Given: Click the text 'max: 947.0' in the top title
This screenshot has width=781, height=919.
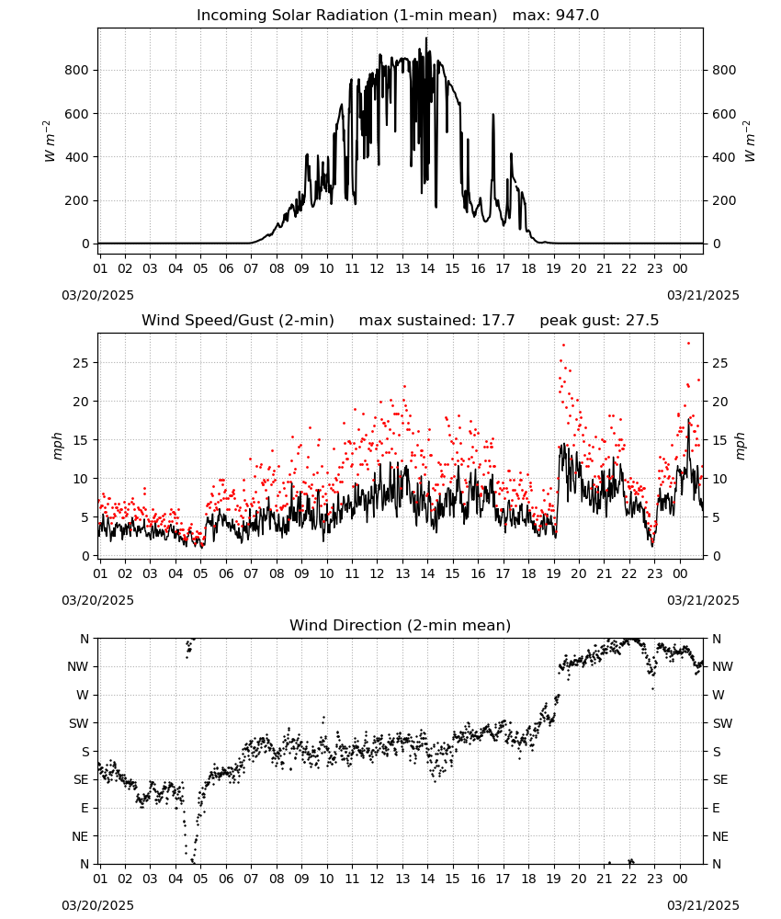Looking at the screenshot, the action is click(x=556, y=16).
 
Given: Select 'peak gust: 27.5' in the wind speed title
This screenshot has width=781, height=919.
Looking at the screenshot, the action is click(x=599, y=321).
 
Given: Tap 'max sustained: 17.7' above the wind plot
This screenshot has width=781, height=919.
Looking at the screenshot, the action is click(x=436, y=321).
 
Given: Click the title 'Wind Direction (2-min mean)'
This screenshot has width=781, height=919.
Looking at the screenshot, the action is click(x=401, y=625).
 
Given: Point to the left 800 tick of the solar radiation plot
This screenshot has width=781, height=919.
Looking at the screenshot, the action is click(x=77, y=71).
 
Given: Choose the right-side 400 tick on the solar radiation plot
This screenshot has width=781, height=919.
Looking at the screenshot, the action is click(x=724, y=157).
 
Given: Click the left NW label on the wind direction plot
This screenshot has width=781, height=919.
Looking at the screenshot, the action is click(x=78, y=667).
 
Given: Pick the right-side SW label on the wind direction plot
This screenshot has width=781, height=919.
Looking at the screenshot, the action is click(x=722, y=724).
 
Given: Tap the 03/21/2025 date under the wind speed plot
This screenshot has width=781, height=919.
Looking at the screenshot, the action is click(x=703, y=601).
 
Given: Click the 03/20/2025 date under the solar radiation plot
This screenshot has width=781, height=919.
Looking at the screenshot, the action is click(x=97, y=295).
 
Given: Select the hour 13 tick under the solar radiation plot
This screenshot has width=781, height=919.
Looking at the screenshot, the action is click(x=402, y=269).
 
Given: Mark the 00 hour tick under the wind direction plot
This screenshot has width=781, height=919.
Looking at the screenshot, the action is click(x=680, y=879).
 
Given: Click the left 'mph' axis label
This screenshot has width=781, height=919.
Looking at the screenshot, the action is click(x=57, y=446).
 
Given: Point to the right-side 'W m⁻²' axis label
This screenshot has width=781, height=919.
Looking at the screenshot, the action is click(x=750, y=142).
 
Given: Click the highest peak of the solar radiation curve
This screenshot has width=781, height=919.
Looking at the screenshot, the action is click(x=426, y=38).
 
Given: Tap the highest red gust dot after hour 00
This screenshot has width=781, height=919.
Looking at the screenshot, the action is click(x=688, y=344).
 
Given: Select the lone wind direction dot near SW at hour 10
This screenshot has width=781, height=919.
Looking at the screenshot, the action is click(x=323, y=718).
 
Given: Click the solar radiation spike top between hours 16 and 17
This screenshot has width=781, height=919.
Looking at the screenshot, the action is click(x=493, y=115).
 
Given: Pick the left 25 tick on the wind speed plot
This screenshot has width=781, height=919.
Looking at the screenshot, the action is click(x=81, y=363).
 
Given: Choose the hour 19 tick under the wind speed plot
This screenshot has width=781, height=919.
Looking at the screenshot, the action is click(x=554, y=574).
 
